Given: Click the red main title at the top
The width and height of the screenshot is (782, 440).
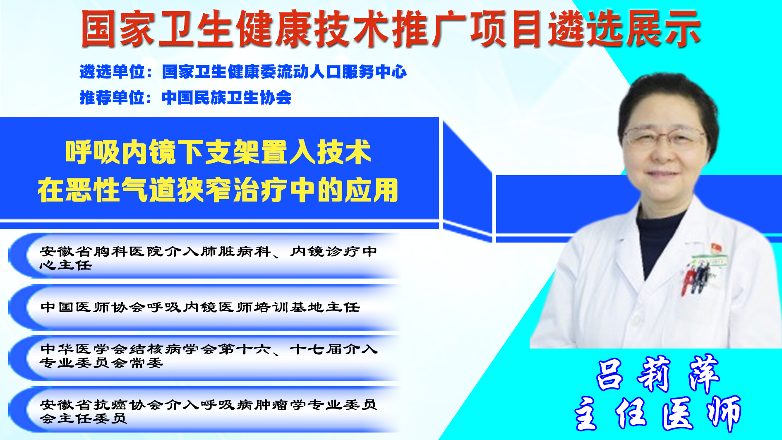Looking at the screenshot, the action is tap(391, 29).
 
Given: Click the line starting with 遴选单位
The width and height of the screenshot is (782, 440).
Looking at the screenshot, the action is tap(243, 72).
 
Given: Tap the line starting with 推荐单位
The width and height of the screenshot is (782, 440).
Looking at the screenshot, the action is tap(185, 98).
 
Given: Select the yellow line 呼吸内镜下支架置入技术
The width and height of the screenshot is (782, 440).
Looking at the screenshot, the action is tap(218, 152).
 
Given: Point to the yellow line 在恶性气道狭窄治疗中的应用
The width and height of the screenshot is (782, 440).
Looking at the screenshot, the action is tap(218, 190).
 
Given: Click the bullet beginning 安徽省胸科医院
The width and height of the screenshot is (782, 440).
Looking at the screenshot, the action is tap(208, 258).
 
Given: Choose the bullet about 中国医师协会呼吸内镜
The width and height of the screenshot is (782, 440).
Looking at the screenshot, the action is tap(200, 307).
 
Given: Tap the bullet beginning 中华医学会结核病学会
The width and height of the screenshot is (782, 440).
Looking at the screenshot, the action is tap(209, 356).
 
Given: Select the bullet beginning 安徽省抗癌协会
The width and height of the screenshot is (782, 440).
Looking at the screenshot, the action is tap(208, 411).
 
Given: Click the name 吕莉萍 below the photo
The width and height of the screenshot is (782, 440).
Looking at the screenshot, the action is tap(658, 374).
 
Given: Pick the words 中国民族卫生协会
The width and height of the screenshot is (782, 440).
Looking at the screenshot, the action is tap(226, 98).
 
